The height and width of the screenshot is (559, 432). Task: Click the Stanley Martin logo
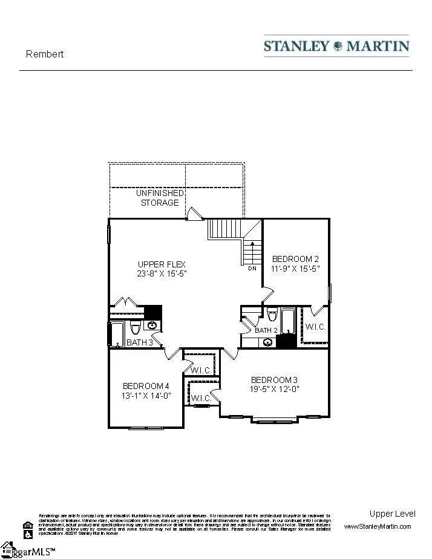pyautogui.click(x=336, y=46)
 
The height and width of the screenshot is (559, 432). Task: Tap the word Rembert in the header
pyautogui.click(x=45, y=54)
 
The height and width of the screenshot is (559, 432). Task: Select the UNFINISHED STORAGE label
pyautogui.click(x=160, y=198)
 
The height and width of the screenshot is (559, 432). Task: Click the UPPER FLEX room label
pyautogui.click(x=162, y=264)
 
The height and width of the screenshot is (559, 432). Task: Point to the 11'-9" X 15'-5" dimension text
pyautogui.click(x=295, y=268)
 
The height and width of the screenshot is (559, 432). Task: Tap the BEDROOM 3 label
pyautogui.click(x=275, y=380)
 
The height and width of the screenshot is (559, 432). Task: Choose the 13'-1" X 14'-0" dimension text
pyautogui.click(x=146, y=397)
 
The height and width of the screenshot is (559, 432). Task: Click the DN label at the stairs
pyautogui.click(x=252, y=268)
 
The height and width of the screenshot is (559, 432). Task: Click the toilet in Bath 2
pyautogui.click(x=272, y=315)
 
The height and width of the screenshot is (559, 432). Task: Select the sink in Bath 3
pyautogui.click(x=152, y=325)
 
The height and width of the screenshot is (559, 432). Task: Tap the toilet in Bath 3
pyautogui.click(x=135, y=328)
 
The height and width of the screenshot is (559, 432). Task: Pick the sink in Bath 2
pyautogui.click(x=267, y=342)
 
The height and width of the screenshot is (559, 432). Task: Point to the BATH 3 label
pyautogui.click(x=144, y=342)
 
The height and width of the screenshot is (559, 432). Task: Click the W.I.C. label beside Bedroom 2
pyautogui.click(x=316, y=327)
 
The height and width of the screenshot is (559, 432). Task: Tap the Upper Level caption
pyautogui.click(x=392, y=514)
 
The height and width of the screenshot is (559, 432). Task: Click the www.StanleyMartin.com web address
pyautogui.click(x=377, y=526)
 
